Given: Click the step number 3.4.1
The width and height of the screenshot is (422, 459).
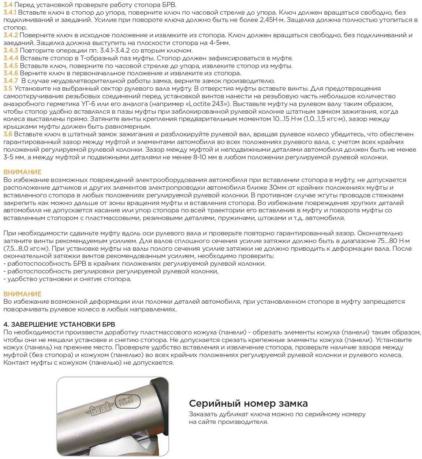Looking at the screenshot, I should [10, 12].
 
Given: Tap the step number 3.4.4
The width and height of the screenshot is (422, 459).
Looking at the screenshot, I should [11, 58].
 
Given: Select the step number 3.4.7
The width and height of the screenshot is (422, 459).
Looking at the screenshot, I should [11, 81].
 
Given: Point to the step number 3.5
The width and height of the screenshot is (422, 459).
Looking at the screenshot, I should [8, 88].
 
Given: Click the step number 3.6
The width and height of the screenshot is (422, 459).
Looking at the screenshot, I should [8, 134].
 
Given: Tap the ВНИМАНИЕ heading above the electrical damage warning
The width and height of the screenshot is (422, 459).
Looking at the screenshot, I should [22, 172].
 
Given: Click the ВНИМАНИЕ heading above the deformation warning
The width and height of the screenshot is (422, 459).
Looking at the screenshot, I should [22, 294].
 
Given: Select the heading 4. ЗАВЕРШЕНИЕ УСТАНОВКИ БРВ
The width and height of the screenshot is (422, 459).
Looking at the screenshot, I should [59, 325].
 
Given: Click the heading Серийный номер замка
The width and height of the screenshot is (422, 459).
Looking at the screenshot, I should [248, 403].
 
